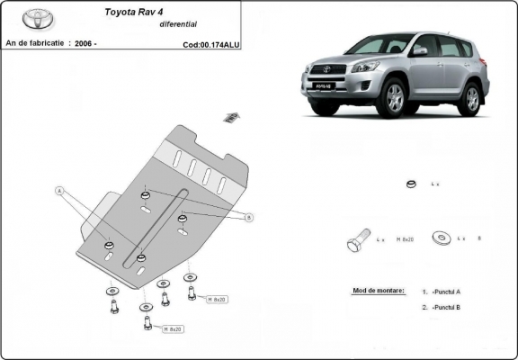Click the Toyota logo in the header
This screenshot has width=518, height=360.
coord(37,17)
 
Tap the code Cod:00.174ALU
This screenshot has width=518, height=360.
coord(211,43)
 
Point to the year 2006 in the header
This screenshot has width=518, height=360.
coord(86,43)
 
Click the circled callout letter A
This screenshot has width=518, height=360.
coord(60,191)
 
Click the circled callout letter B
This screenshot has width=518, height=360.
coord(249,217)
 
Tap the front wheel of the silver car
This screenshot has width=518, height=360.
coord(394,100)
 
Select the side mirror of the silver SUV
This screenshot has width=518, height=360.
coord(419,51)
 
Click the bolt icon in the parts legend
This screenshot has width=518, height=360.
coord(357,239)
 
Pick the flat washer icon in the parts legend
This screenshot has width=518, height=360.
coord(442,238)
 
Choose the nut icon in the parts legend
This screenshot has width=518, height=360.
coord(409,184)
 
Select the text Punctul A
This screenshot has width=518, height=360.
coord(447,292)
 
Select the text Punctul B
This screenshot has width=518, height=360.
coord(447,308)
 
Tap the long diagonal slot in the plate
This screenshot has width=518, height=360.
coord(160,224)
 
